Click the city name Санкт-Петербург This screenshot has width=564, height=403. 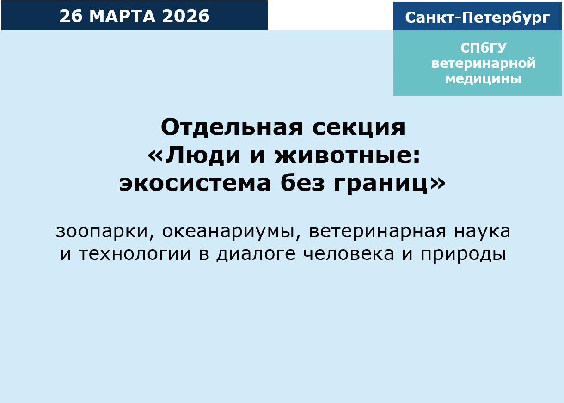point(478,18)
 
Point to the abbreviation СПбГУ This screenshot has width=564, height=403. point(483,48)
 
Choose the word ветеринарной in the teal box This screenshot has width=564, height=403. point(483,63)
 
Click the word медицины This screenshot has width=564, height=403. point(483,79)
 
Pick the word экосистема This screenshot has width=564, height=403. point(195,184)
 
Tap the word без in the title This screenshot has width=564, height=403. point(303,184)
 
